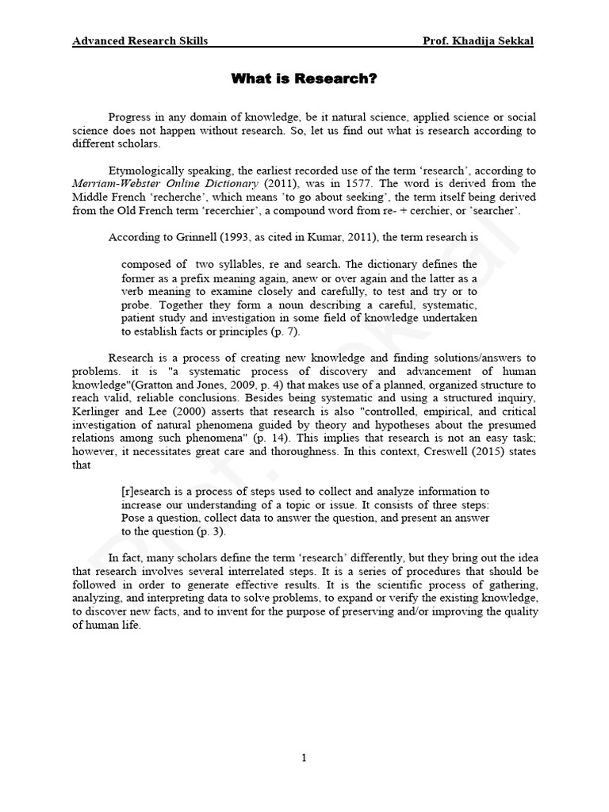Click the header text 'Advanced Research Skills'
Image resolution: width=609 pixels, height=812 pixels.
(140, 41)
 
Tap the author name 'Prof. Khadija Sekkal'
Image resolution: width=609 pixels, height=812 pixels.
(479, 41)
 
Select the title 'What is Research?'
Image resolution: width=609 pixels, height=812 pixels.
(304, 79)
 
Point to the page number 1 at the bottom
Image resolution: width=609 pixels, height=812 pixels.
(304, 758)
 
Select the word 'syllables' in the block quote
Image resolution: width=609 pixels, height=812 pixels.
(255, 264)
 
